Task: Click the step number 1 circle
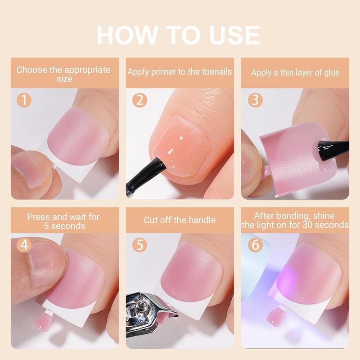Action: tap(24, 100)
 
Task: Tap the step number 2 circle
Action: tap(139, 100)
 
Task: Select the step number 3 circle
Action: tap(255, 100)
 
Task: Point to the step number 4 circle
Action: tap(24, 245)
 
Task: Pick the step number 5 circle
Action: tap(139, 245)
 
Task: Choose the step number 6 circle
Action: tap(255, 245)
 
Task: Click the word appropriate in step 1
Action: tap(87, 70)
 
